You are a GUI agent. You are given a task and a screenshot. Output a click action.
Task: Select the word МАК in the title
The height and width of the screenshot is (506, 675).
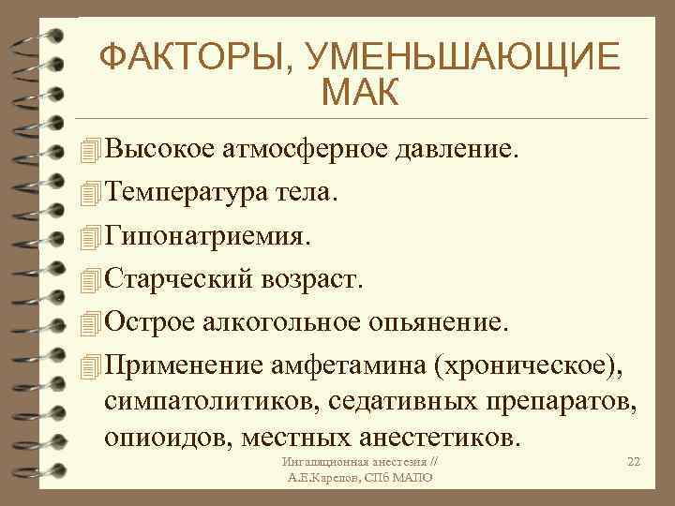tap(358, 94)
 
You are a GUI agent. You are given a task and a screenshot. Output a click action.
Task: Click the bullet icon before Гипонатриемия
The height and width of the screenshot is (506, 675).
tap(89, 236)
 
